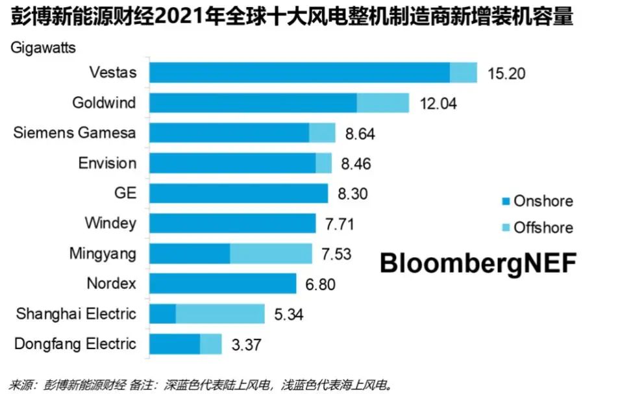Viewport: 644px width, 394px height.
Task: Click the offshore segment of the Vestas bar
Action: pos(464,73)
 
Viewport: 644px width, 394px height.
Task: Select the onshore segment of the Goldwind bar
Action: pos(253,103)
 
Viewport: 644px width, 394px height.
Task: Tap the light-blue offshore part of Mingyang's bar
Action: pos(271,253)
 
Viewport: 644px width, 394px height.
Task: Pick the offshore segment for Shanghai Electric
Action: pos(220,314)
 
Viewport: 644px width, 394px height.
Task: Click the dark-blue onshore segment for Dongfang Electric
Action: pos(175,344)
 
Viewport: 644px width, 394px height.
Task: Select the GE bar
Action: pos(238,193)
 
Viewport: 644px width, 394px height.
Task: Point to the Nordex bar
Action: pos(223,284)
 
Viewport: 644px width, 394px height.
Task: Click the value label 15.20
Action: pos(506,73)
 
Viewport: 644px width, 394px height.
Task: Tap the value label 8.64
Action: pos(360,134)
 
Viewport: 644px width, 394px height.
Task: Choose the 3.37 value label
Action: pos(246,345)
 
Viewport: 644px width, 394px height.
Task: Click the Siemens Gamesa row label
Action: pos(75,132)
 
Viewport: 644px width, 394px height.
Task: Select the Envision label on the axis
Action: pos(107,163)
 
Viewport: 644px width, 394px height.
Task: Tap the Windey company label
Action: pos(110,223)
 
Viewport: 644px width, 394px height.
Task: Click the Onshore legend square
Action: pos(504,201)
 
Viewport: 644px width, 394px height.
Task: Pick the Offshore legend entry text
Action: pos(543,228)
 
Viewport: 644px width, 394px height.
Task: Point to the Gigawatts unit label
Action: pos(43,47)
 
